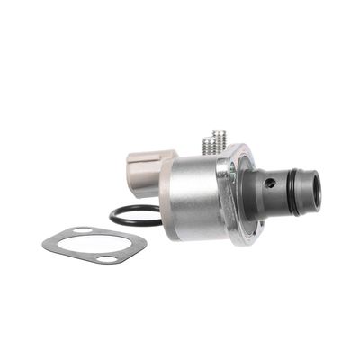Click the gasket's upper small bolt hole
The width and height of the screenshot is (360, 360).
pyautogui.click(x=79, y=234)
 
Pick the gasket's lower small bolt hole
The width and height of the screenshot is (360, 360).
pyautogui.click(x=107, y=260)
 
